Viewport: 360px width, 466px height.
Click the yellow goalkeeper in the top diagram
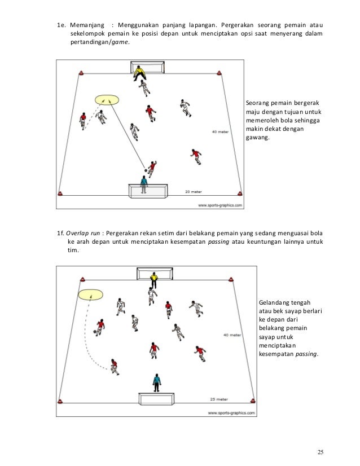coord(139,73)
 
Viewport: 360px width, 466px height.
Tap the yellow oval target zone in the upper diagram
coord(107,100)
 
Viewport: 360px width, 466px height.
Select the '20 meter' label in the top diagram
coord(194,192)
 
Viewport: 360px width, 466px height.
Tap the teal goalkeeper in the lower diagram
coord(155,382)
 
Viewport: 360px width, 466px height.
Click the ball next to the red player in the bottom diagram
coord(94,331)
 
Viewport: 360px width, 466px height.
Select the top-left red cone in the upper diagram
coord(81,72)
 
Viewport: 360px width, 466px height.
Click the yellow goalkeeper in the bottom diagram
coord(153,279)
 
